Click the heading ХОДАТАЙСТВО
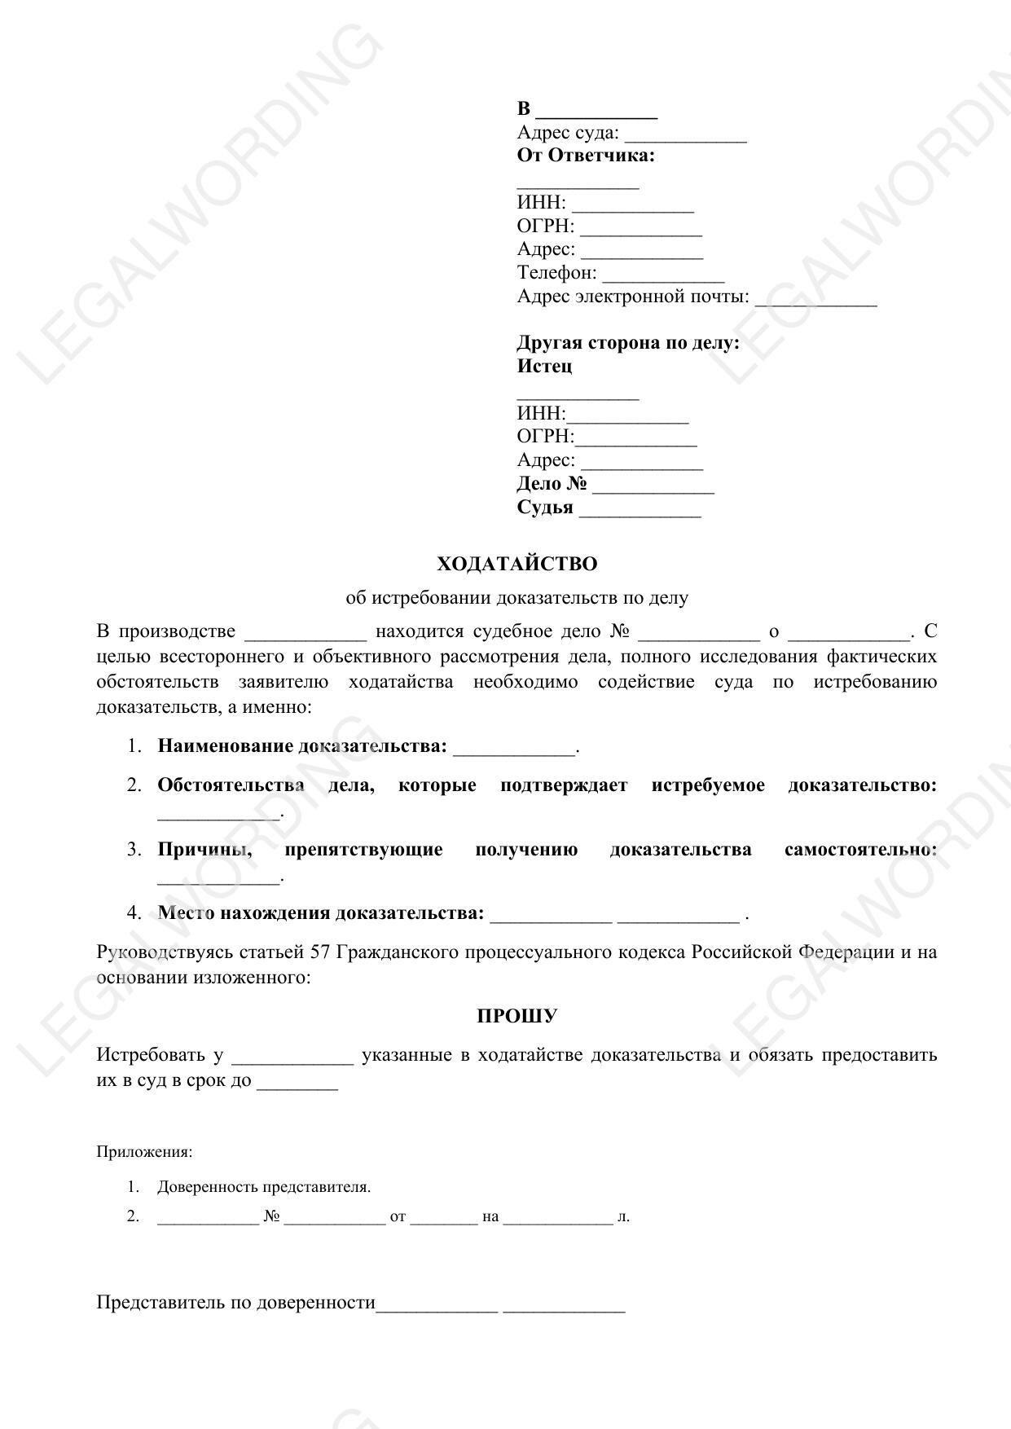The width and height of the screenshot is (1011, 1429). [516, 564]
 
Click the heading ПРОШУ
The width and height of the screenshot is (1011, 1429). [516, 1016]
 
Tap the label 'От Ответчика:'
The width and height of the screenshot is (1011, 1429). [586, 156]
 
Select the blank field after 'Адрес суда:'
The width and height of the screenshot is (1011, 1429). [685, 136]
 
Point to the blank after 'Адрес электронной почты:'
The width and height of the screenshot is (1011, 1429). [815, 300]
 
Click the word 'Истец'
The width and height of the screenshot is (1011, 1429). [544, 366]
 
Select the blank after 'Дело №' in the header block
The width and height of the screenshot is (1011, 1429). [653, 487]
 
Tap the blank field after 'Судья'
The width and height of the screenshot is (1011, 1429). [640, 511]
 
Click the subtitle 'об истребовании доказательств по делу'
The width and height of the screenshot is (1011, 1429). [516, 597]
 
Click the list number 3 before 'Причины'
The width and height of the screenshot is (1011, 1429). [134, 850]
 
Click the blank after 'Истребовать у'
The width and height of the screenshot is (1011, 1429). [292, 1058]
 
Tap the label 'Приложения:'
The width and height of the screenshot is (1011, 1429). [144, 1152]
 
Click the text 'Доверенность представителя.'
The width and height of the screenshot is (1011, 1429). [264, 1187]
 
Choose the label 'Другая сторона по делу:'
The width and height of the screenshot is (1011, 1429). [628, 342]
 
